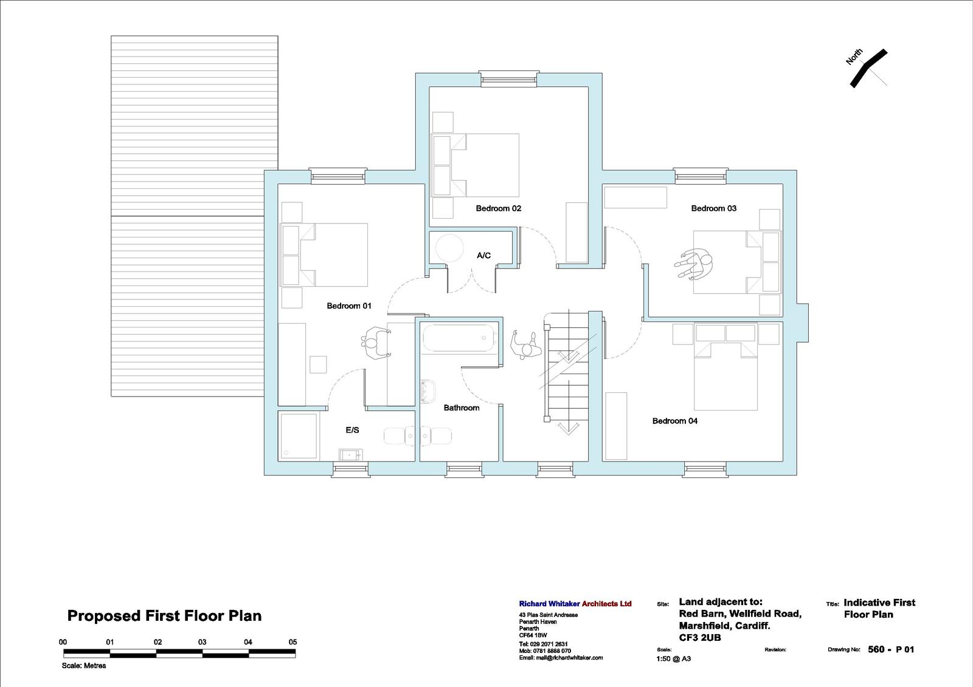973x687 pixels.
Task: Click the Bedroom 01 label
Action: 349,306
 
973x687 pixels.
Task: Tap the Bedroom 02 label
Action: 498,208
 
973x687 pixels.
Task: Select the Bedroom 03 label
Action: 714,208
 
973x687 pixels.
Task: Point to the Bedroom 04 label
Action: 674,421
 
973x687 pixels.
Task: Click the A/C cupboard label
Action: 483,255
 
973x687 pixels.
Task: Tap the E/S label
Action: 352,430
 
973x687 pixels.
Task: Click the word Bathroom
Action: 462,408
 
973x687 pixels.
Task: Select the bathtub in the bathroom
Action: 460,338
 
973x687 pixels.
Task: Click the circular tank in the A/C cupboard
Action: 449,248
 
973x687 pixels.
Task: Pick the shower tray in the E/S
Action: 298,436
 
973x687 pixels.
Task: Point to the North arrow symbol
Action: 868,68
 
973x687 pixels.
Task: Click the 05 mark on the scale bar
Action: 293,642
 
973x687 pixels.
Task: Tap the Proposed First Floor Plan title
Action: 164,616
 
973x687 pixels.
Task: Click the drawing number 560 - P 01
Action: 891,649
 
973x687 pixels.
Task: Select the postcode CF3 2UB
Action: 700,638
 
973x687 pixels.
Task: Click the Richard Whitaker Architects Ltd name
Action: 575,604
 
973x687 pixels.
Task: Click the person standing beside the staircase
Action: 525,344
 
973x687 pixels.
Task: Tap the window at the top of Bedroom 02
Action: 508,78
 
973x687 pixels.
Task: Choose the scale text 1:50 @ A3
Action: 673,659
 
